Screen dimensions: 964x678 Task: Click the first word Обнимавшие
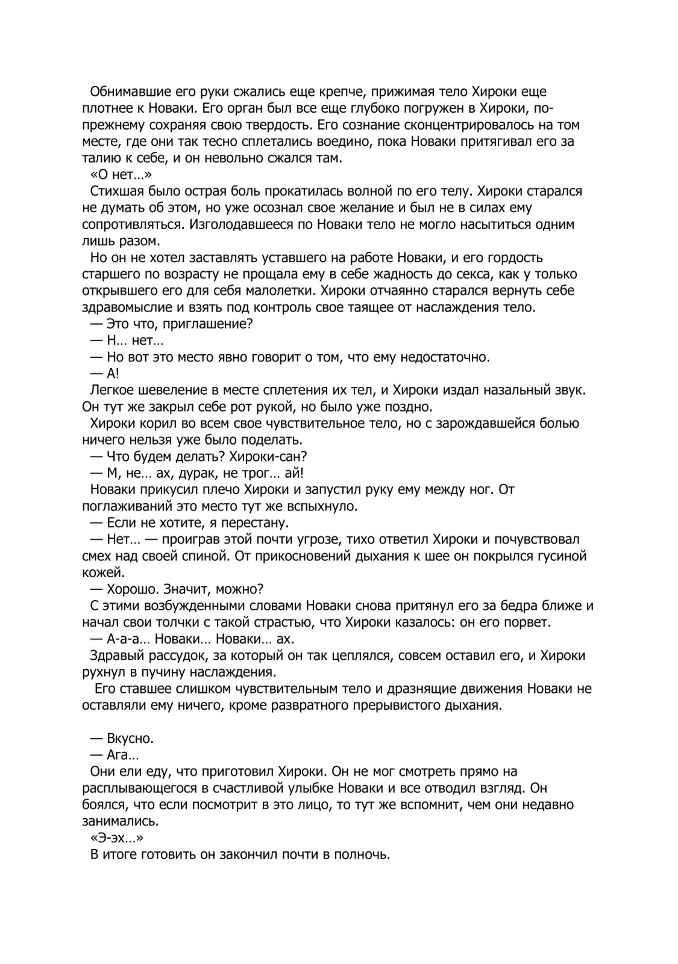(x=125, y=92)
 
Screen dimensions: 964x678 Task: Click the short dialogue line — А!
(x=105, y=374)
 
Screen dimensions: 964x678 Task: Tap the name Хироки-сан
(x=269, y=456)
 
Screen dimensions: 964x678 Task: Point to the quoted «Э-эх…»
(x=115, y=837)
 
